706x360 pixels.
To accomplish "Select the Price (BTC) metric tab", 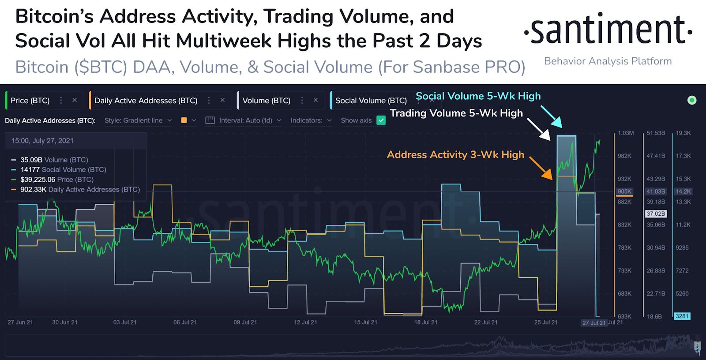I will [x=30, y=101].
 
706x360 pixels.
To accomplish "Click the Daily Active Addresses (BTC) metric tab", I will [x=146, y=101].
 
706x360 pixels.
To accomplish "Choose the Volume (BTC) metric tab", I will [x=266, y=101].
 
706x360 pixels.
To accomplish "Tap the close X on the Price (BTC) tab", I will [x=75, y=100].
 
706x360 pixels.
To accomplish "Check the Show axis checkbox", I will [x=381, y=120].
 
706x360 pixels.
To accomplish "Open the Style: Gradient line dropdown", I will [x=138, y=120].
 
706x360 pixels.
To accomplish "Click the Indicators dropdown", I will [x=311, y=120].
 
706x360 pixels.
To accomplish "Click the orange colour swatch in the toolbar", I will [x=184, y=120].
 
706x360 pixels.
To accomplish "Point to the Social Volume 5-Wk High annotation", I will [x=478, y=96].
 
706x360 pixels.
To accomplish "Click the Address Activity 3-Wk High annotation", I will [x=455, y=155].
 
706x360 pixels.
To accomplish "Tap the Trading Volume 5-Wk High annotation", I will [x=456, y=113].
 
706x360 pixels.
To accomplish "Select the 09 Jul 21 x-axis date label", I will [x=245, y=322].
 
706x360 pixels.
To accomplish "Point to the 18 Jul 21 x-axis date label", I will [x=425, y=322].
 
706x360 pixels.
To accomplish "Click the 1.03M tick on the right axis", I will [x=626, y=133].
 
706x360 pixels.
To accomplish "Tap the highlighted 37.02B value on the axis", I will [x=656, y=214].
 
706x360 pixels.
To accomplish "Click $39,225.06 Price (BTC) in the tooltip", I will [x=57, y=180].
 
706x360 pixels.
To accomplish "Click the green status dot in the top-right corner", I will [x=691, y=100].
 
